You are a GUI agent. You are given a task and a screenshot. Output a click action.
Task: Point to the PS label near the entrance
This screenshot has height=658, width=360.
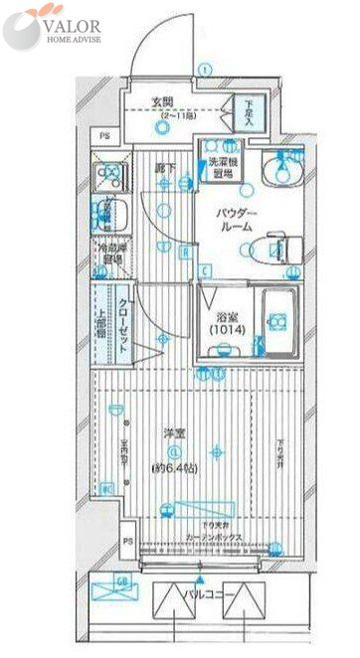(103, 138)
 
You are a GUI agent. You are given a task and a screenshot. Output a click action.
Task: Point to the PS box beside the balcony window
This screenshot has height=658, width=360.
(127, 543)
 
